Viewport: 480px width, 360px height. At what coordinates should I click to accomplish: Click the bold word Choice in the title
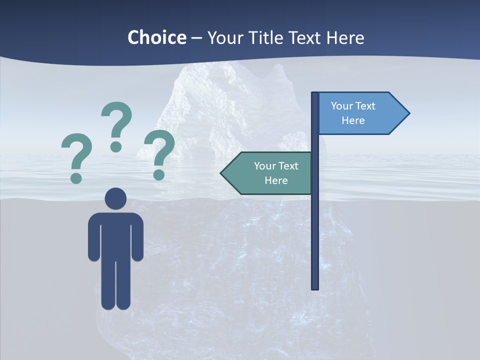pyautogui.click(x=156, y=37)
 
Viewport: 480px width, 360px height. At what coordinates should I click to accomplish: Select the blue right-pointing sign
pyautogui.click(x=360, y=113)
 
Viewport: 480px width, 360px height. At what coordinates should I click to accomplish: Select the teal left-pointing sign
pyautogui.click(x=270, y=173)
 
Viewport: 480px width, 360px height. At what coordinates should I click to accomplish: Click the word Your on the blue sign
pyautogui.click(x=342, y=106)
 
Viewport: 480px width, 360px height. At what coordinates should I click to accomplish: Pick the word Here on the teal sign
pyautogui.click(x=276, y=180)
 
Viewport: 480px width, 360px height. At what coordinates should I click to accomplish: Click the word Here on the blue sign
pyautogui.click(x=353, y=120)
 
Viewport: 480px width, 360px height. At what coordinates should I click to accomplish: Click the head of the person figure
pyautogui.click(x=116, y=199)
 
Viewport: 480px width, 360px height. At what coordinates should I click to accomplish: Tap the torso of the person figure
pyautogui.click(x=116, y=235)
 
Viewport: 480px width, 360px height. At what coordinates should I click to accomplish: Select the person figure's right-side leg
pyautogui.click(x=123, y=285)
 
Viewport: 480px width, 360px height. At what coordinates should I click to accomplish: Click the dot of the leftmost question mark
pyautogui.click(x=76, y=177)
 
